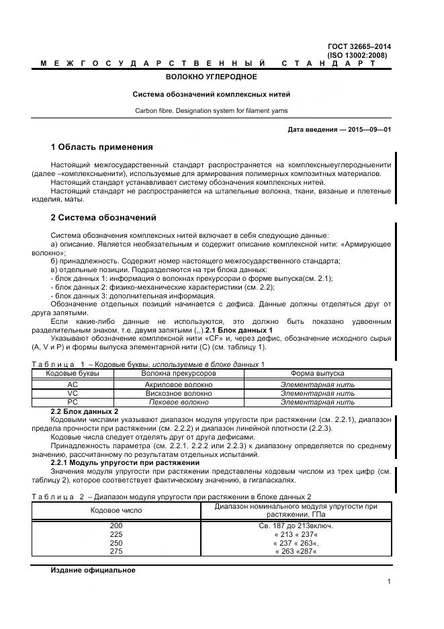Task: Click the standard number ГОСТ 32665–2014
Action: point(359,46)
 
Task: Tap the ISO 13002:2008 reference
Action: point(357,55)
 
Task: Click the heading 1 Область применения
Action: point(102,147)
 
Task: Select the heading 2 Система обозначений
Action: point(103,218)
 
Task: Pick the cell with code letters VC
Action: point(73,393)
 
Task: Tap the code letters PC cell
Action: point(73,402)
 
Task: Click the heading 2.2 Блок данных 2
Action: point(85,411)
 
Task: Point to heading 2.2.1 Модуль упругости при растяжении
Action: point(125,463)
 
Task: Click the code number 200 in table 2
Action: point(116,525)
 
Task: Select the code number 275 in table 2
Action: point(116,551)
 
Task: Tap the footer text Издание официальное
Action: point(93,570)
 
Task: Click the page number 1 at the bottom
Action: point(389,582)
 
